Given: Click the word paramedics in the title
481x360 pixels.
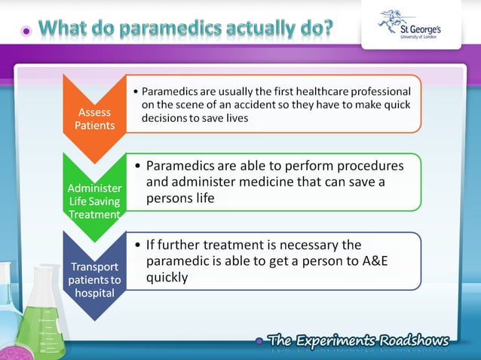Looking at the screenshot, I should click(x=179, y=30).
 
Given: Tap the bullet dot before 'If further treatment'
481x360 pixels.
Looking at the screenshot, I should click(x=136, y=246).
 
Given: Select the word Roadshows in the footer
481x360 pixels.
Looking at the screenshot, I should click(x=415, y=340).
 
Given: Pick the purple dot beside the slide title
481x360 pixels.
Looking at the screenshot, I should click(x=27, y=32).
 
